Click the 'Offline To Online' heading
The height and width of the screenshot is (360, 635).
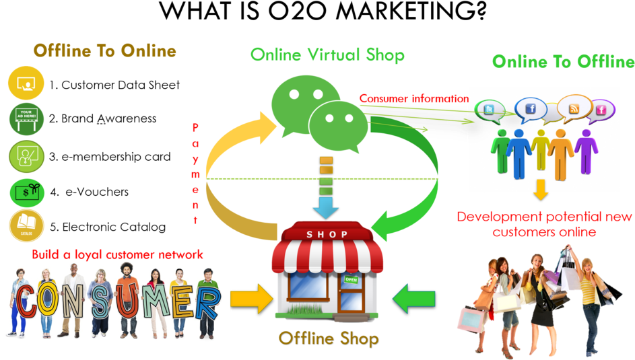point(105,51)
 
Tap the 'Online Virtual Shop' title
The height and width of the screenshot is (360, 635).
point(327,55)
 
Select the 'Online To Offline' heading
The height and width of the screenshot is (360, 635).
point(563,62)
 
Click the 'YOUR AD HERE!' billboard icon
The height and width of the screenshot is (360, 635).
point(26,119)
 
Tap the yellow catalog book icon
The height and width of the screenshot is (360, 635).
point(26,225)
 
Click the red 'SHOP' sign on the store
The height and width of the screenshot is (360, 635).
point(327,234)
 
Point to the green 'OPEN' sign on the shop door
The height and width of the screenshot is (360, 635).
point(351,279)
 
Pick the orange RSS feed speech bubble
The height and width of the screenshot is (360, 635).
point(574,108)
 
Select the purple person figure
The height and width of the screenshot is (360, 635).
point(586,150)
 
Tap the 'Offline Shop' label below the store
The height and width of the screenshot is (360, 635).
point(328,338)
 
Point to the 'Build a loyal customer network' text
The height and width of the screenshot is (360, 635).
point(117,254)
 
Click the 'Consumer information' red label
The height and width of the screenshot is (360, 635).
point(413,98)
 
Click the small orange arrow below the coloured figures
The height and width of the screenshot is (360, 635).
point(540,190)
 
